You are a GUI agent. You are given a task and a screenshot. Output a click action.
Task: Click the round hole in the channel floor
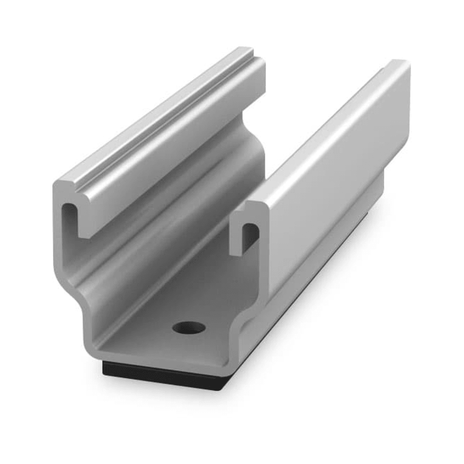(188, 328)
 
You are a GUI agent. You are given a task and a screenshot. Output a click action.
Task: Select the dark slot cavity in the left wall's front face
(69, 218)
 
